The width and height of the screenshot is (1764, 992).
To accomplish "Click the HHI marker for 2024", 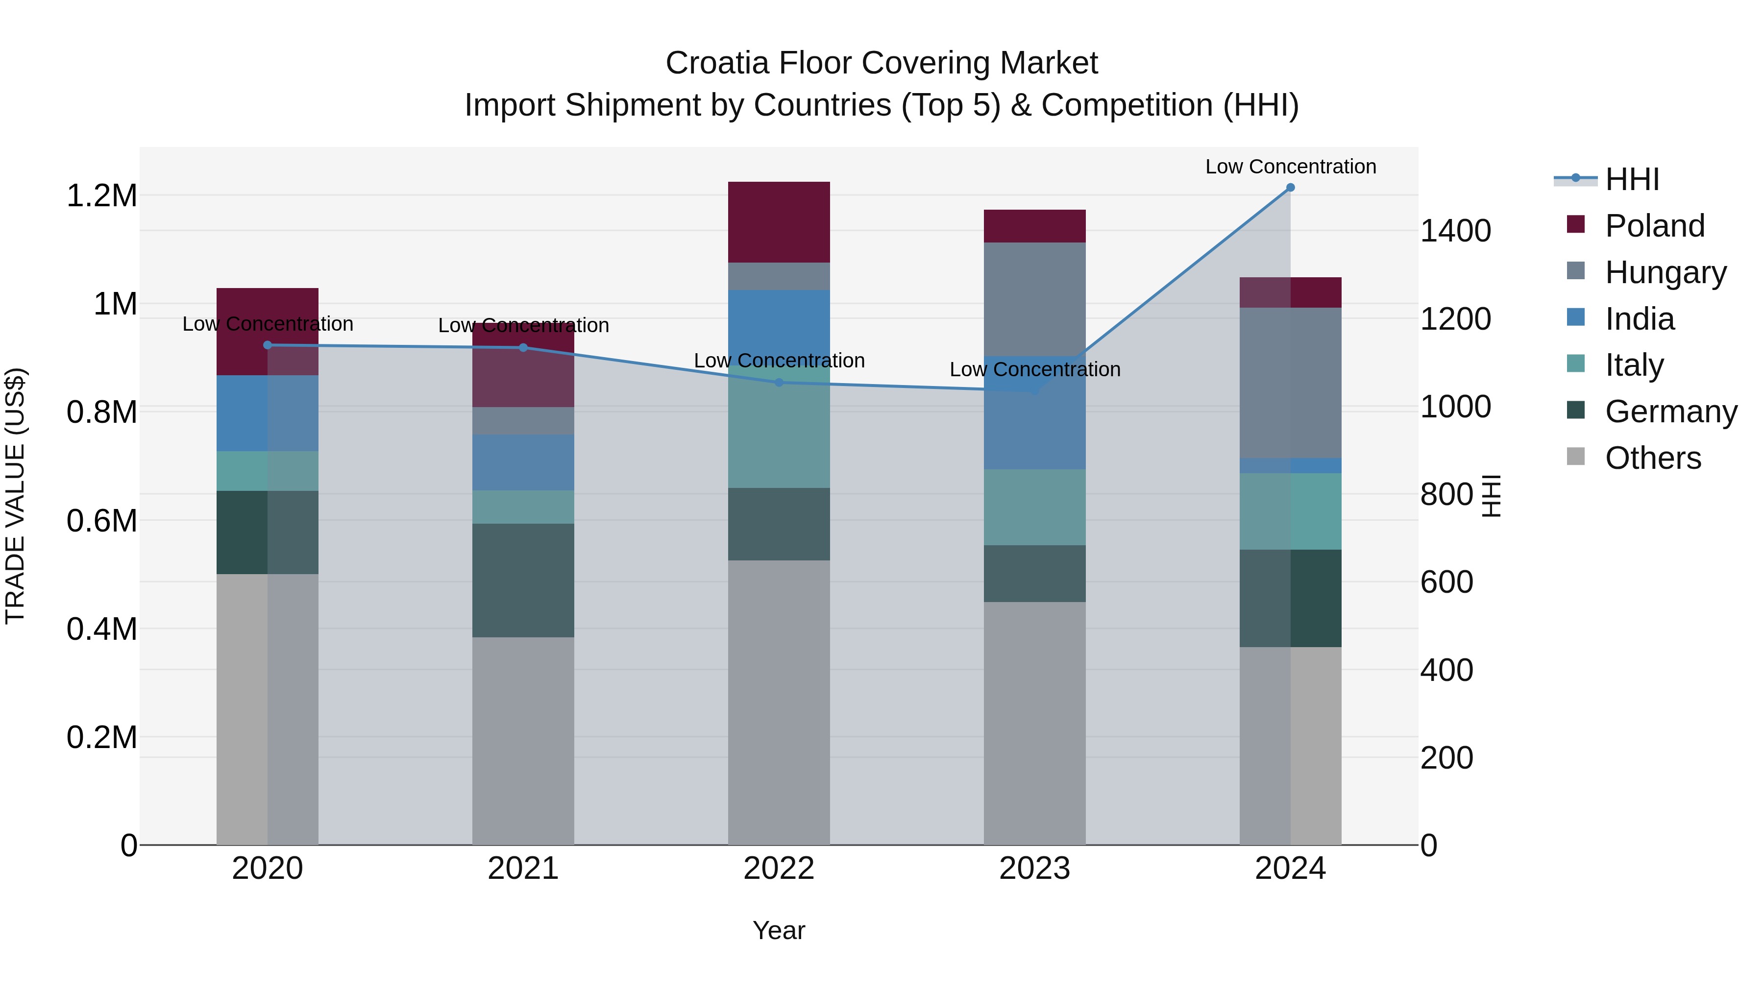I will click(1290, 188).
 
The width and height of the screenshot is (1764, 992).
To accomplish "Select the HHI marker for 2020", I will click(268, 345).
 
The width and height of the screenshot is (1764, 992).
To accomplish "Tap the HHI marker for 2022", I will click(779, 383).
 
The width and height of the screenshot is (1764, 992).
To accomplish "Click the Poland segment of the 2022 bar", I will click(779, 222).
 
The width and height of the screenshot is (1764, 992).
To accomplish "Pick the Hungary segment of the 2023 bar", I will click(1035, 299).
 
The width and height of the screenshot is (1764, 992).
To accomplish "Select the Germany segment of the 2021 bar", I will click(523, 581).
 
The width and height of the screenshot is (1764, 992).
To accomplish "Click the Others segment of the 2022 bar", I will click(779, 702).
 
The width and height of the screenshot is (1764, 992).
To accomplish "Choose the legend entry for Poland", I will click(1654, 226).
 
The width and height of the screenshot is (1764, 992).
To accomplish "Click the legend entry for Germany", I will click(1670, 411).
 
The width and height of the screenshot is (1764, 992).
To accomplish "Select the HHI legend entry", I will click(1632, 179).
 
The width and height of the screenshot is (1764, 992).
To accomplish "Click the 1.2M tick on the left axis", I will click(101, 196).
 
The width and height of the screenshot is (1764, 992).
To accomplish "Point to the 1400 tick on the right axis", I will click(1455, 231).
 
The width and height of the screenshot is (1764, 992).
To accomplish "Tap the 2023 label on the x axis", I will click(1035, 869).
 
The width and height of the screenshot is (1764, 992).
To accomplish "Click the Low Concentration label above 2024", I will click(1290, 167).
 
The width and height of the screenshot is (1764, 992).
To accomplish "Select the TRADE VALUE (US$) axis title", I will click(15, 496).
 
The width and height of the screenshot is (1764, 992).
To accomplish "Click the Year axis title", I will click(779, 930).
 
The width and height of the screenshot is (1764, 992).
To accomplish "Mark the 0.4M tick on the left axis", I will click(101, 629).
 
